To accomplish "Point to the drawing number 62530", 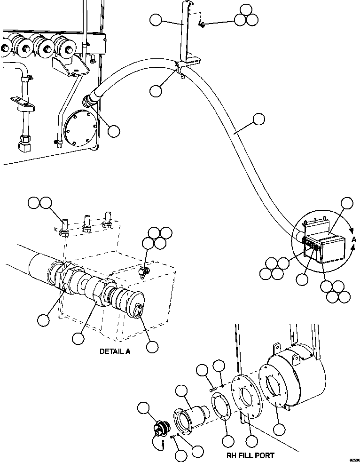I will pyautogui.click(x=353, y=459).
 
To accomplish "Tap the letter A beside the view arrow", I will pyautogui.click(x=354, y=239).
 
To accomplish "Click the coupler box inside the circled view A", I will pyautogui.click(x=322, y=245).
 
